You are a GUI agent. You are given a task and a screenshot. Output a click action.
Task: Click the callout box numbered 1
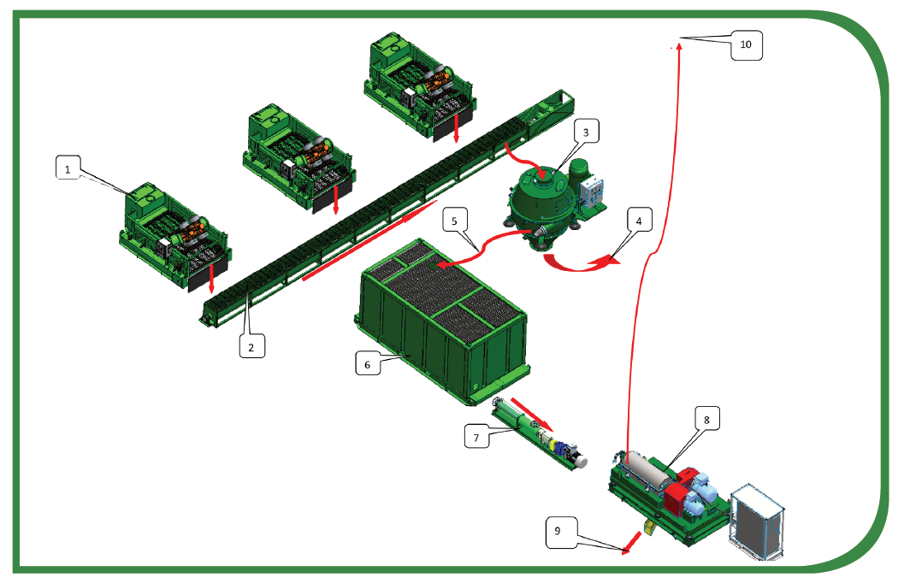pyautogui.click(x=68, y=169)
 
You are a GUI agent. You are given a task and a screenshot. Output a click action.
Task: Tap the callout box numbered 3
pyautogui.click(x=585, y=132)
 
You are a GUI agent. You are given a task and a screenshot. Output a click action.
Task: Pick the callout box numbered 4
pyautogui.click(x=638, y=219)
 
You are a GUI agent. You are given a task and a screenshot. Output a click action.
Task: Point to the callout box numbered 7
pyautogui.click(x=476, y=438)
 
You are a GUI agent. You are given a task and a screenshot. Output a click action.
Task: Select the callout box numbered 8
pyautogui.click(x=706, y=419)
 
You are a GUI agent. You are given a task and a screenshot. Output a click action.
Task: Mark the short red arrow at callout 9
pyautogui.click(x=634, y=539)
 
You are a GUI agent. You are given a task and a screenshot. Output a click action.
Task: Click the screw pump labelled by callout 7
pyautogui.click(x=539, y=438)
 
